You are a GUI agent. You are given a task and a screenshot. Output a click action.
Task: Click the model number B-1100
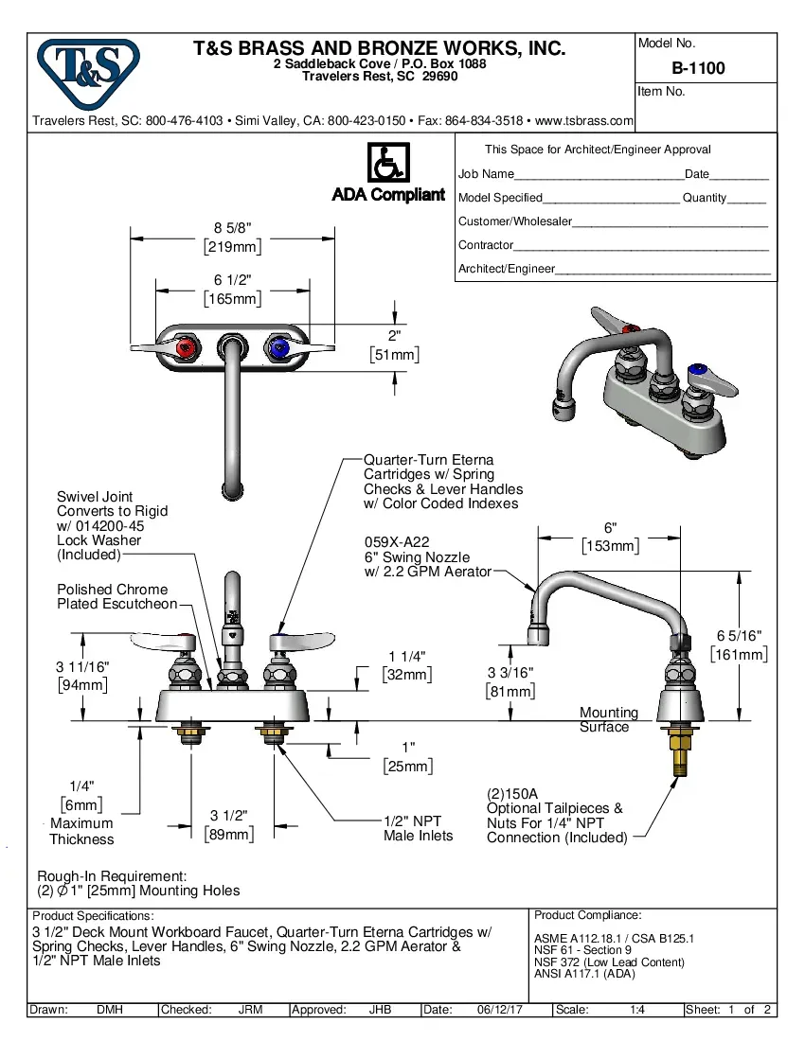pos(698,68)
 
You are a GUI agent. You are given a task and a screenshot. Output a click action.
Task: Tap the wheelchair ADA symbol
pos(387,163)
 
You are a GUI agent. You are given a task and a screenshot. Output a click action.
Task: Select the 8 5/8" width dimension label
pos(232,228)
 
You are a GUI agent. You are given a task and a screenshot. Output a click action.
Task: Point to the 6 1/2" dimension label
pos(232,280)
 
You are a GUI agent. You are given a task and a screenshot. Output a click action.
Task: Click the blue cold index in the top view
pos(278,349)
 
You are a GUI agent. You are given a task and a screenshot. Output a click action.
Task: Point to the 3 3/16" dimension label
pos(510,673)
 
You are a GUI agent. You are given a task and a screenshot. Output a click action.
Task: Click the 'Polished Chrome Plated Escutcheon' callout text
pos(116,596)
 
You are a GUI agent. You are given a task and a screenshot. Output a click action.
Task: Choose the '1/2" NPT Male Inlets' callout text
pos(418,828)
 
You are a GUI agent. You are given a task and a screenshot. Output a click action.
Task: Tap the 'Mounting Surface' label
pos(608,719)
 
